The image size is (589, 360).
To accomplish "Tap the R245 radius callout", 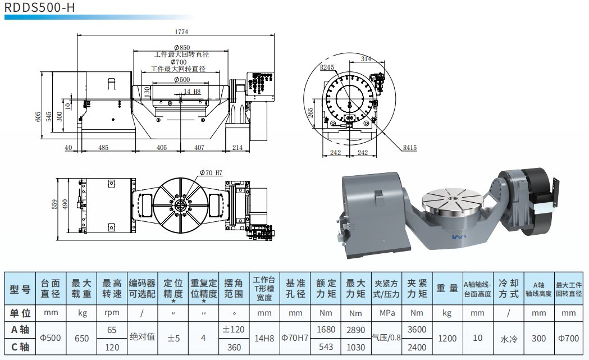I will coord(327,67).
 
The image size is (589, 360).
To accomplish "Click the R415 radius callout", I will coord(410,148).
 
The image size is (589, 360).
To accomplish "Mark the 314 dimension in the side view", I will coord(366,58).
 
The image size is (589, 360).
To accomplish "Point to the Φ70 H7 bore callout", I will coord(211,172).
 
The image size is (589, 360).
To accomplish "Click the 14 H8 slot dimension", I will coord(191,91).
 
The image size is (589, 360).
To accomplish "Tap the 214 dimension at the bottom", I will coord(237,148).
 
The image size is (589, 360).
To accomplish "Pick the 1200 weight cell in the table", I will coord(447,339).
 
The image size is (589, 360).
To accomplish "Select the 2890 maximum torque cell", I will coord(356,330).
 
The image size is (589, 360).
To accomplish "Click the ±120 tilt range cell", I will coord(234,330).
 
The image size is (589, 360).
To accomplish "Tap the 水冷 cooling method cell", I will coord(509,339).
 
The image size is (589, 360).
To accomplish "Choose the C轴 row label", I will coord(20,348).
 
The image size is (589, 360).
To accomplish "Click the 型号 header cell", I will coord(20,289).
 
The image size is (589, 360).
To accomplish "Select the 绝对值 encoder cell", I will coord(142,339).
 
